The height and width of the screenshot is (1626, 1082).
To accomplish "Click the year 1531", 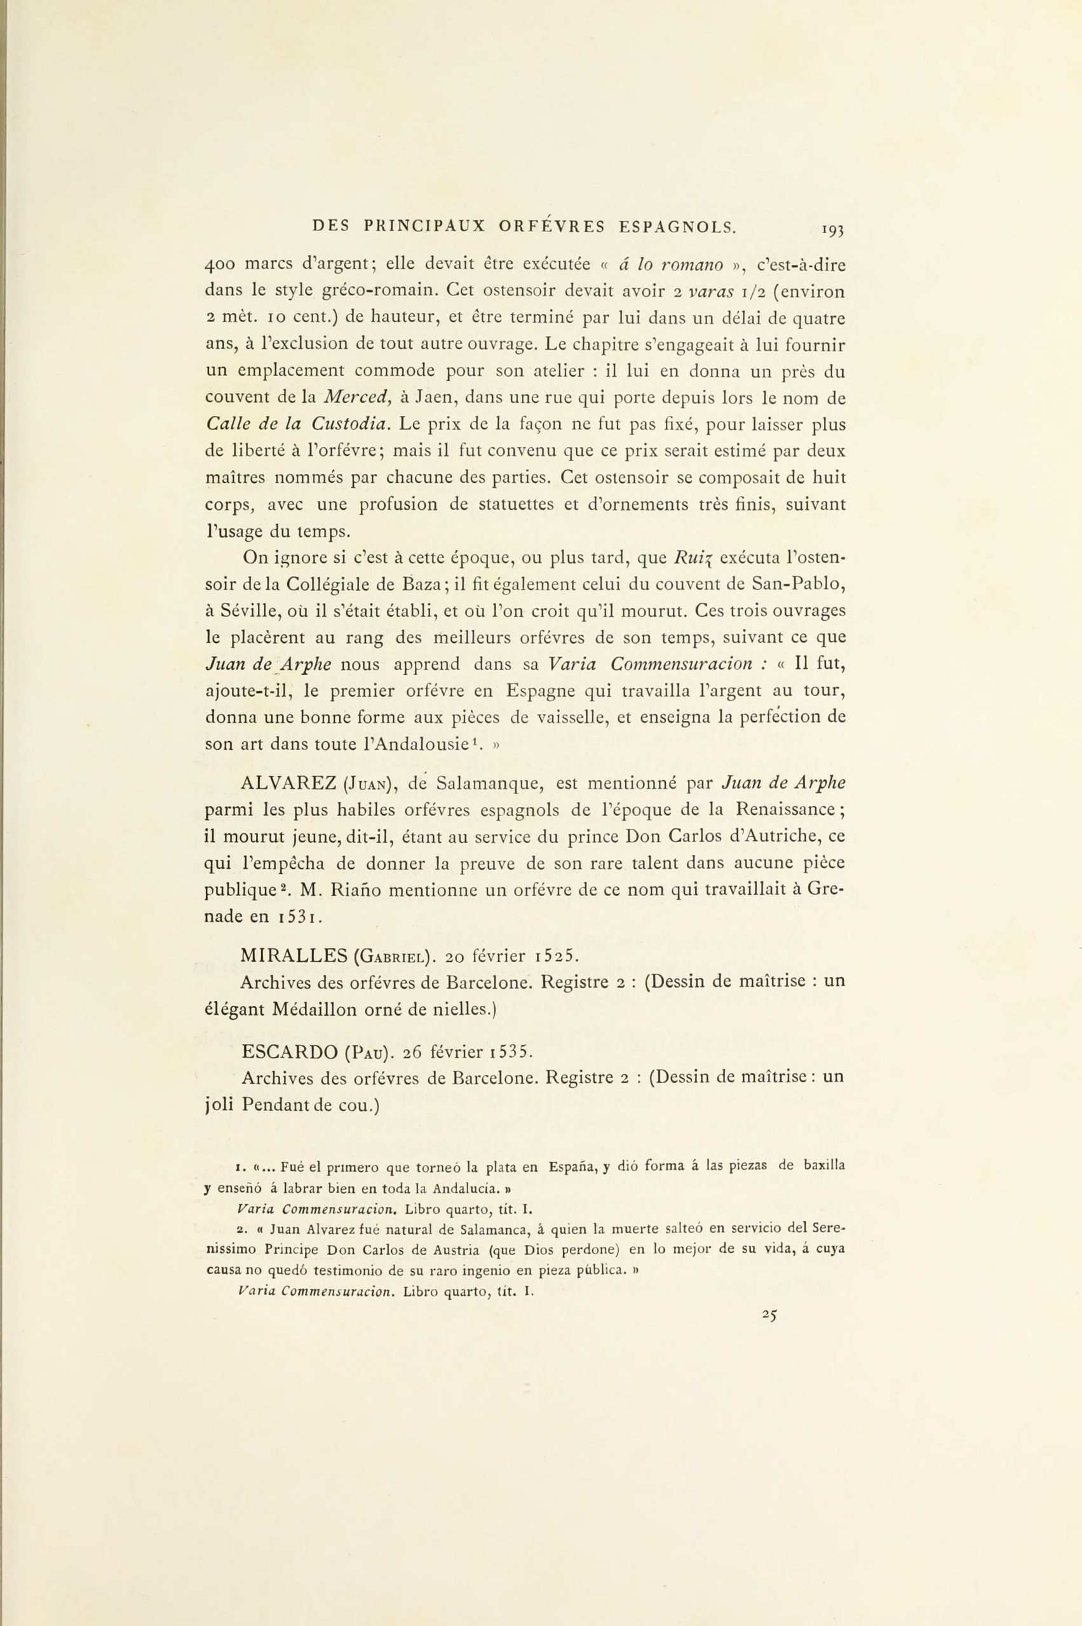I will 297,918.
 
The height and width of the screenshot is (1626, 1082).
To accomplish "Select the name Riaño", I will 357,890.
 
